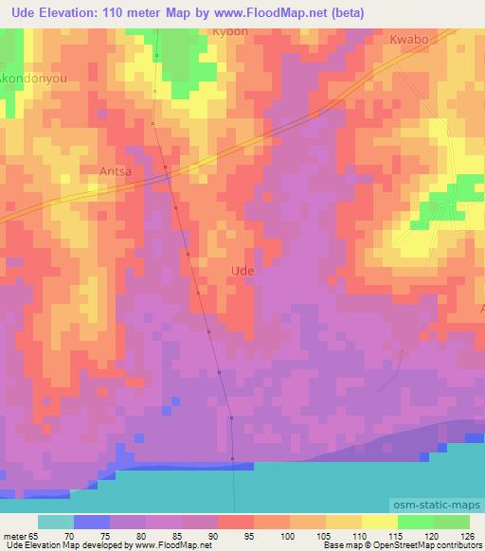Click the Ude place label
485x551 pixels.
click(242, 271)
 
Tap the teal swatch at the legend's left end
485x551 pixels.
click(55, 522)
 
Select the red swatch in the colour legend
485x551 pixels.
click(235, 522)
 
